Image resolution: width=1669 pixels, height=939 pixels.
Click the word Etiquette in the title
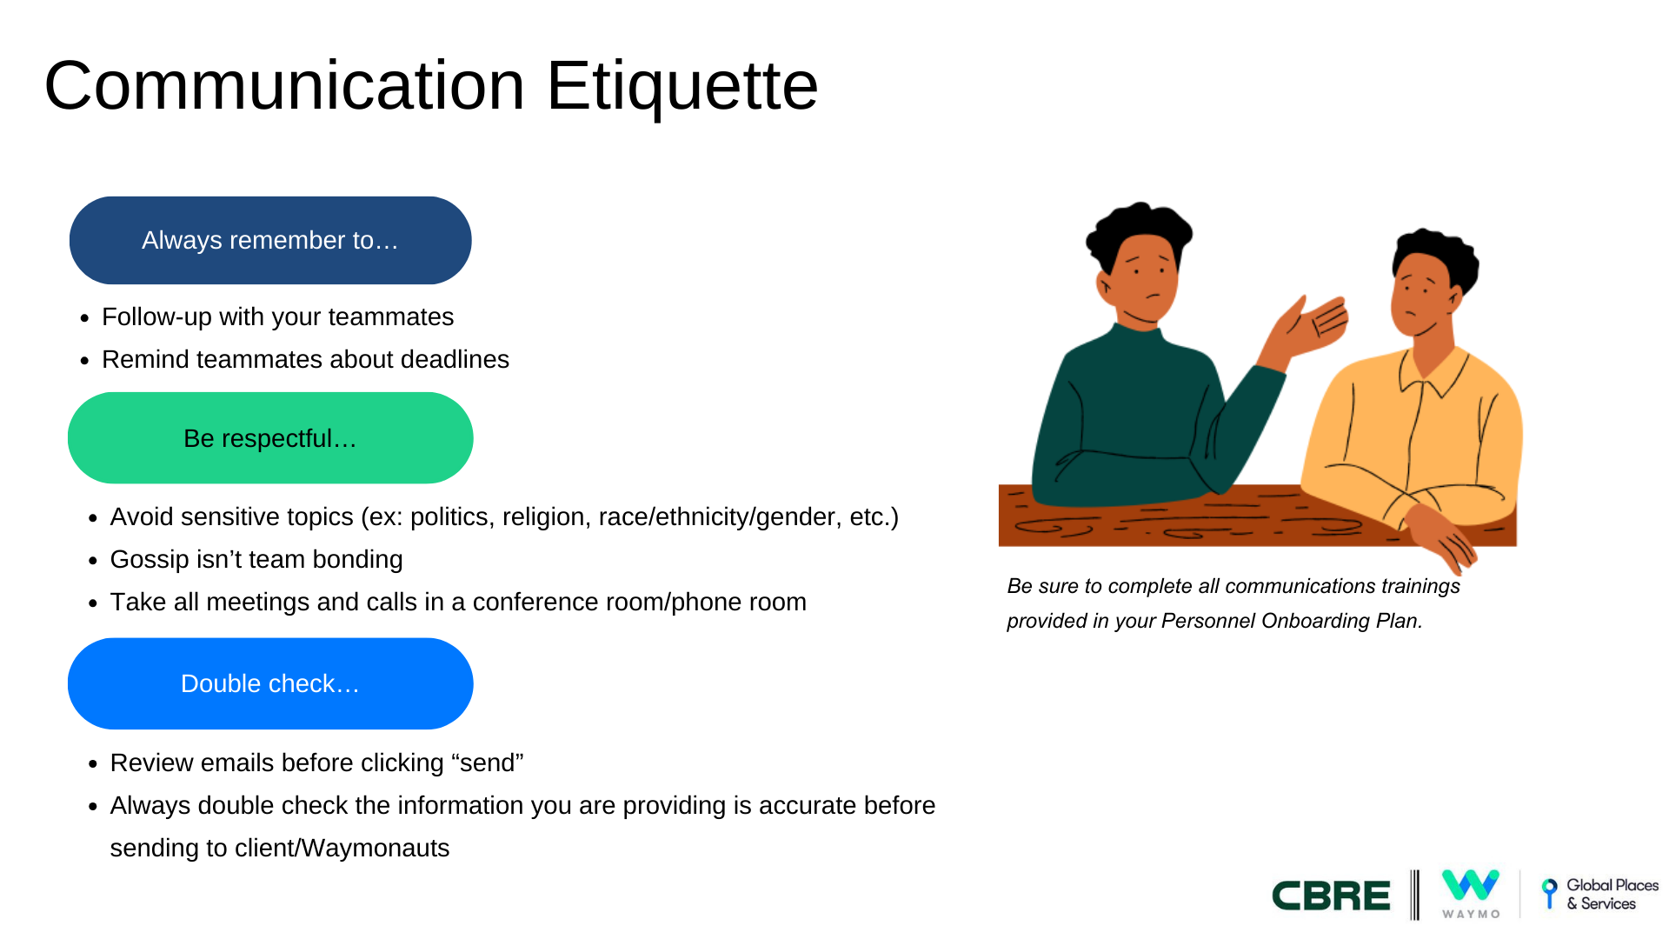pyautogui.click(x=682, y=87)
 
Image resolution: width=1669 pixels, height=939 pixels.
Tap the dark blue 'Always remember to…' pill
pyautogui.click(x=270, y=240)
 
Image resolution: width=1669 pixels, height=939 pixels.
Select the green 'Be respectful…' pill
pyautogui.click(x=270, y=437)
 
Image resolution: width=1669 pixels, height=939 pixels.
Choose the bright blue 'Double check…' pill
pyautogui.click(x=270, y=683)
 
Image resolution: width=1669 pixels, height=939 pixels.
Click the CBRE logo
pyautogui.click(x=1331, y=896)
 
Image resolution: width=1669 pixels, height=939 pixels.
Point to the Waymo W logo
pyautogui.click(x=1471, y=886)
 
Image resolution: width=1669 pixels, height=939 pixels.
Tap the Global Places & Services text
pyautogui.click(x=1612, y=894)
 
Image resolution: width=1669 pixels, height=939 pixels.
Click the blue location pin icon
pyautogui.click(x=1549, y=893)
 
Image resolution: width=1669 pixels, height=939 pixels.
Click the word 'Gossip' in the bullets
pyautogui.click(x=151, y=560)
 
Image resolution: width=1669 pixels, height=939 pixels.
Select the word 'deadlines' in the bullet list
pyautogui.click(x=455, y=359)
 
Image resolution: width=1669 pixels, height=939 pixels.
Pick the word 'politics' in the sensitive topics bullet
pyautogui.click(x=449, y=517)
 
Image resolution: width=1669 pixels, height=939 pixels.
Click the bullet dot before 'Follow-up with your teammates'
pyautogui.click(x=84, y=318)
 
